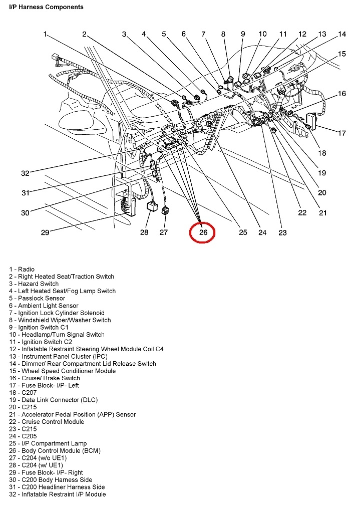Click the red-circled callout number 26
pyautogui.click(x=203, y=232)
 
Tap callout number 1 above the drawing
pyautogui.click(x=45, y=34)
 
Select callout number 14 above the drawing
pyautogui.click(x=341, y=35)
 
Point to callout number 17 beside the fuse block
pyautogui.click(x=341, y=133)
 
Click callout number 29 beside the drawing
pyautogui.click(x=45, y=232)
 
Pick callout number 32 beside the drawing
pyautogui.click(x=25, y=173)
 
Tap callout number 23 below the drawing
pyautogui.click(x=282, y=232)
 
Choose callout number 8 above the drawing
pyautogui.click(x=223, y=35)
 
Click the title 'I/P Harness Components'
pyautogui.click(x=46, y=8)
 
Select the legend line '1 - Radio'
pyautogui.click(x=22, y=270)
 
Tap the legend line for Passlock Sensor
pyautogui.click(x=37, y=298)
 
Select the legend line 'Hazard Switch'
pyautogui.click(x=34, y=284)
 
